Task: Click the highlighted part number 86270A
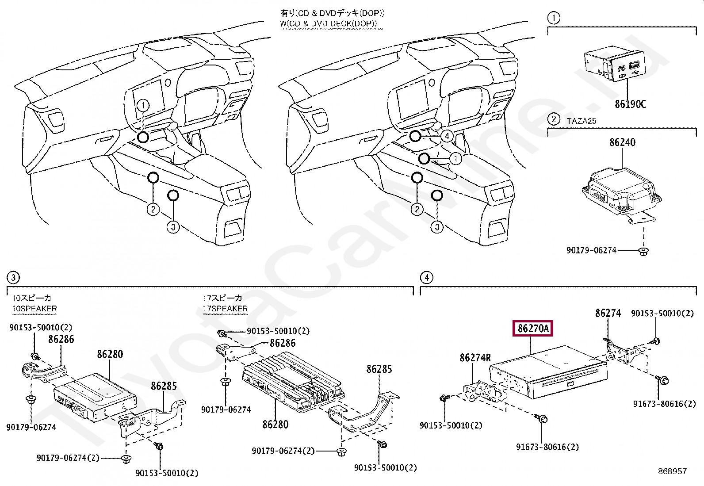coord(533,329)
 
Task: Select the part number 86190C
coord(630,104)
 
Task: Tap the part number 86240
coord(622,142)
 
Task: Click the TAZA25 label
coord(581,121)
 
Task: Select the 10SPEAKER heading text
coord(34,309)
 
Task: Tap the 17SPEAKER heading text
coord(225,309)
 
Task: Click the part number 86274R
coord(475,358)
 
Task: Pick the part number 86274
coord(608,314)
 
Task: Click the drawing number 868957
coord(672,471)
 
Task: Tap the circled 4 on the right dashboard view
coord(447,136)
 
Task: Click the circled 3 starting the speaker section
coord(13,277)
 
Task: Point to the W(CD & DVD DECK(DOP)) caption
coord(328,23)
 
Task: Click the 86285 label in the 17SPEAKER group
coord(379,369)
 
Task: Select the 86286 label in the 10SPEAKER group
coord(61,340)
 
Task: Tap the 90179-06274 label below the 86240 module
coord(591,250)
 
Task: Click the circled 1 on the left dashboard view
coord(143,105)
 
